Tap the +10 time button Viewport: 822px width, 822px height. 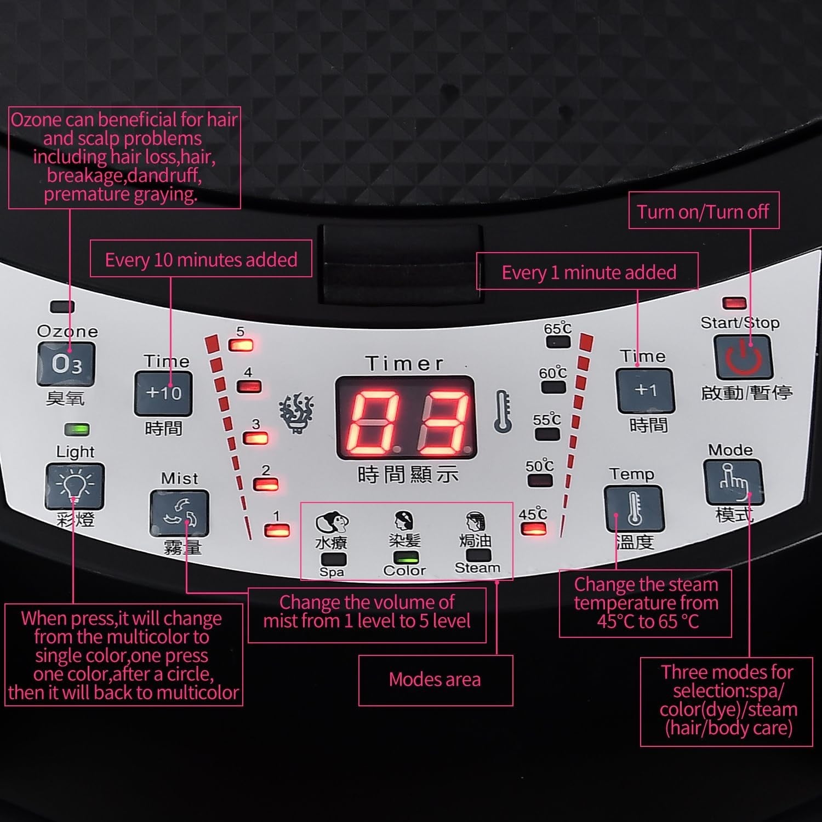point(163,393)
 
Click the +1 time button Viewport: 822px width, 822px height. point(646,390)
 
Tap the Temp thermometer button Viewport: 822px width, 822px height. point(635,509)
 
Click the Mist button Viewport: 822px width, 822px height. point(180,513)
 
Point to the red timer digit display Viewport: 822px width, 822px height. point(406,418)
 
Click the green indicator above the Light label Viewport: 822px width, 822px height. point(77,429)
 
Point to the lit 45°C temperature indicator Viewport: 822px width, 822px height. point(533,529)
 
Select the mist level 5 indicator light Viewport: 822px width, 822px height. point(241,345)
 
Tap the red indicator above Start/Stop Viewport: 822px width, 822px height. point(734,303)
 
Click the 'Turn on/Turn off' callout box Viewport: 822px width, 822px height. point(704,210)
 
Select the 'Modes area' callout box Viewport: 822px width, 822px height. point(436,680)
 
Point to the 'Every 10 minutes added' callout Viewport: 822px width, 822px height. point(201,259)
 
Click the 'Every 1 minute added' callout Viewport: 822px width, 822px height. point(587,271)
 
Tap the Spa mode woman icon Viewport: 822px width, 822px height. point(332,523)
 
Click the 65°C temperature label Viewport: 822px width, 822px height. point(557,328)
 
